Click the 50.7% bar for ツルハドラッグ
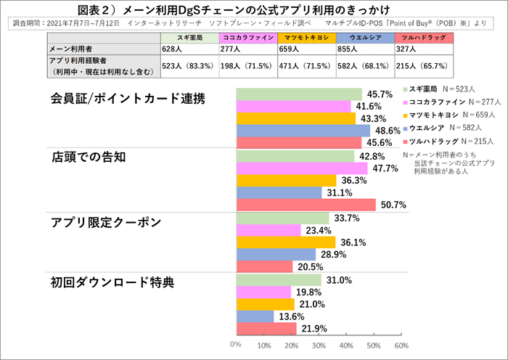coord(306,205)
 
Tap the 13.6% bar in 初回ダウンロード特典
coord(255,316)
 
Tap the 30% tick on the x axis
coord(319,345)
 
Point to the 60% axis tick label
coord(401,345)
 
